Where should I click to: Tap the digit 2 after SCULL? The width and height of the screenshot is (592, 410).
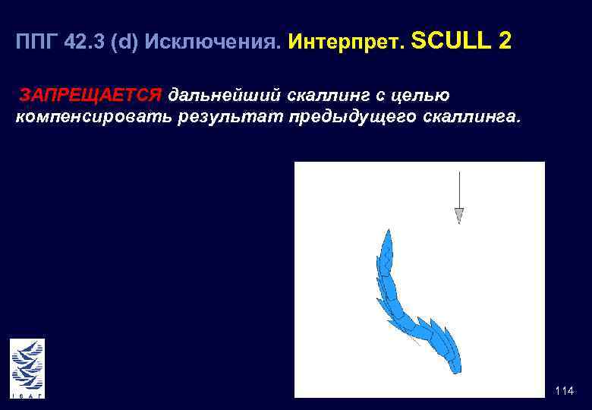[505, 42]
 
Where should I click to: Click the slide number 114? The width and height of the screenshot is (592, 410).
[564, 391]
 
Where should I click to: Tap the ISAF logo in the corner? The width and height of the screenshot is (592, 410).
[27, 367]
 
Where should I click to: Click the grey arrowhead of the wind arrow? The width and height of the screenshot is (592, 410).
[458, 216]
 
